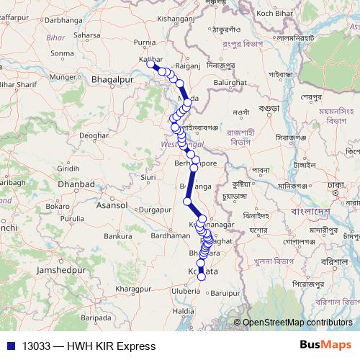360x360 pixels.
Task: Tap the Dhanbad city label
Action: coord(77,184)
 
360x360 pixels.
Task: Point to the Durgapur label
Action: coord(155,210)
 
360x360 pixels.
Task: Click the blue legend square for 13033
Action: coord(9,346)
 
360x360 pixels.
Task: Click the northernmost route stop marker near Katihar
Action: coord(151,63)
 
